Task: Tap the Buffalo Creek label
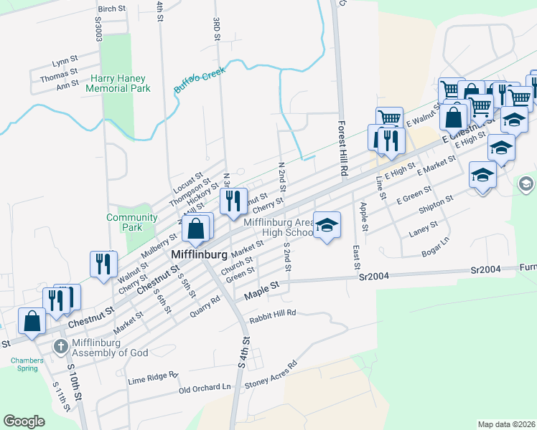point(200,79)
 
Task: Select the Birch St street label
point(111,9)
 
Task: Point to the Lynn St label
point(64,62)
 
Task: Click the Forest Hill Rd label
point(343,148)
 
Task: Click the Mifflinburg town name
point(200,254)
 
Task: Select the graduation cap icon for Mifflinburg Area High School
point(327,226)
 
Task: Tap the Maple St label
point(261,289)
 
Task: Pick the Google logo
point(24,421)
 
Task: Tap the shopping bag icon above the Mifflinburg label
point(197,229)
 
